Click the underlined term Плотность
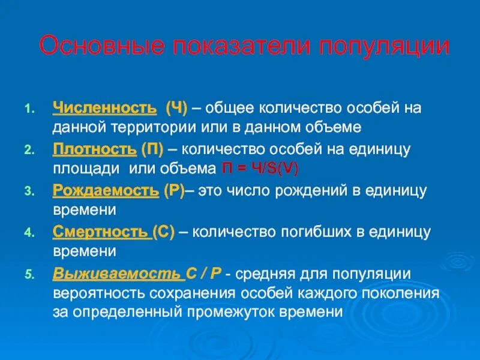click(x=95, y=148)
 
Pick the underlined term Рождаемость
click(x=106, y=190)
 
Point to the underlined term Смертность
click(x=101, y=232)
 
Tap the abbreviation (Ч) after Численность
click(x=177, y=109)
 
